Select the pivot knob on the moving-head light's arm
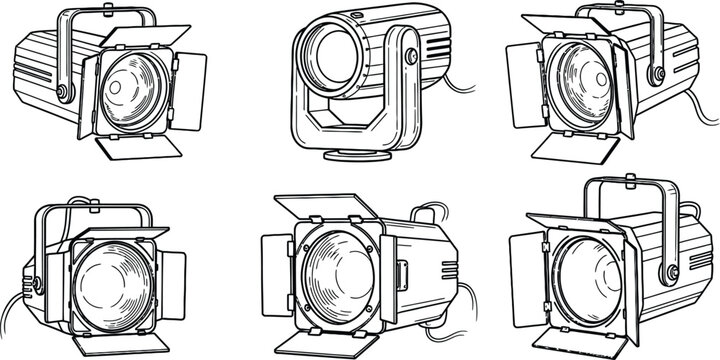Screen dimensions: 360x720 [x=410, y=57]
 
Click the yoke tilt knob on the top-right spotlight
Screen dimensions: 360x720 [x=657, y=75]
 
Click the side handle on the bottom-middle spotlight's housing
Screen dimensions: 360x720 [x=402, y=275]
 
